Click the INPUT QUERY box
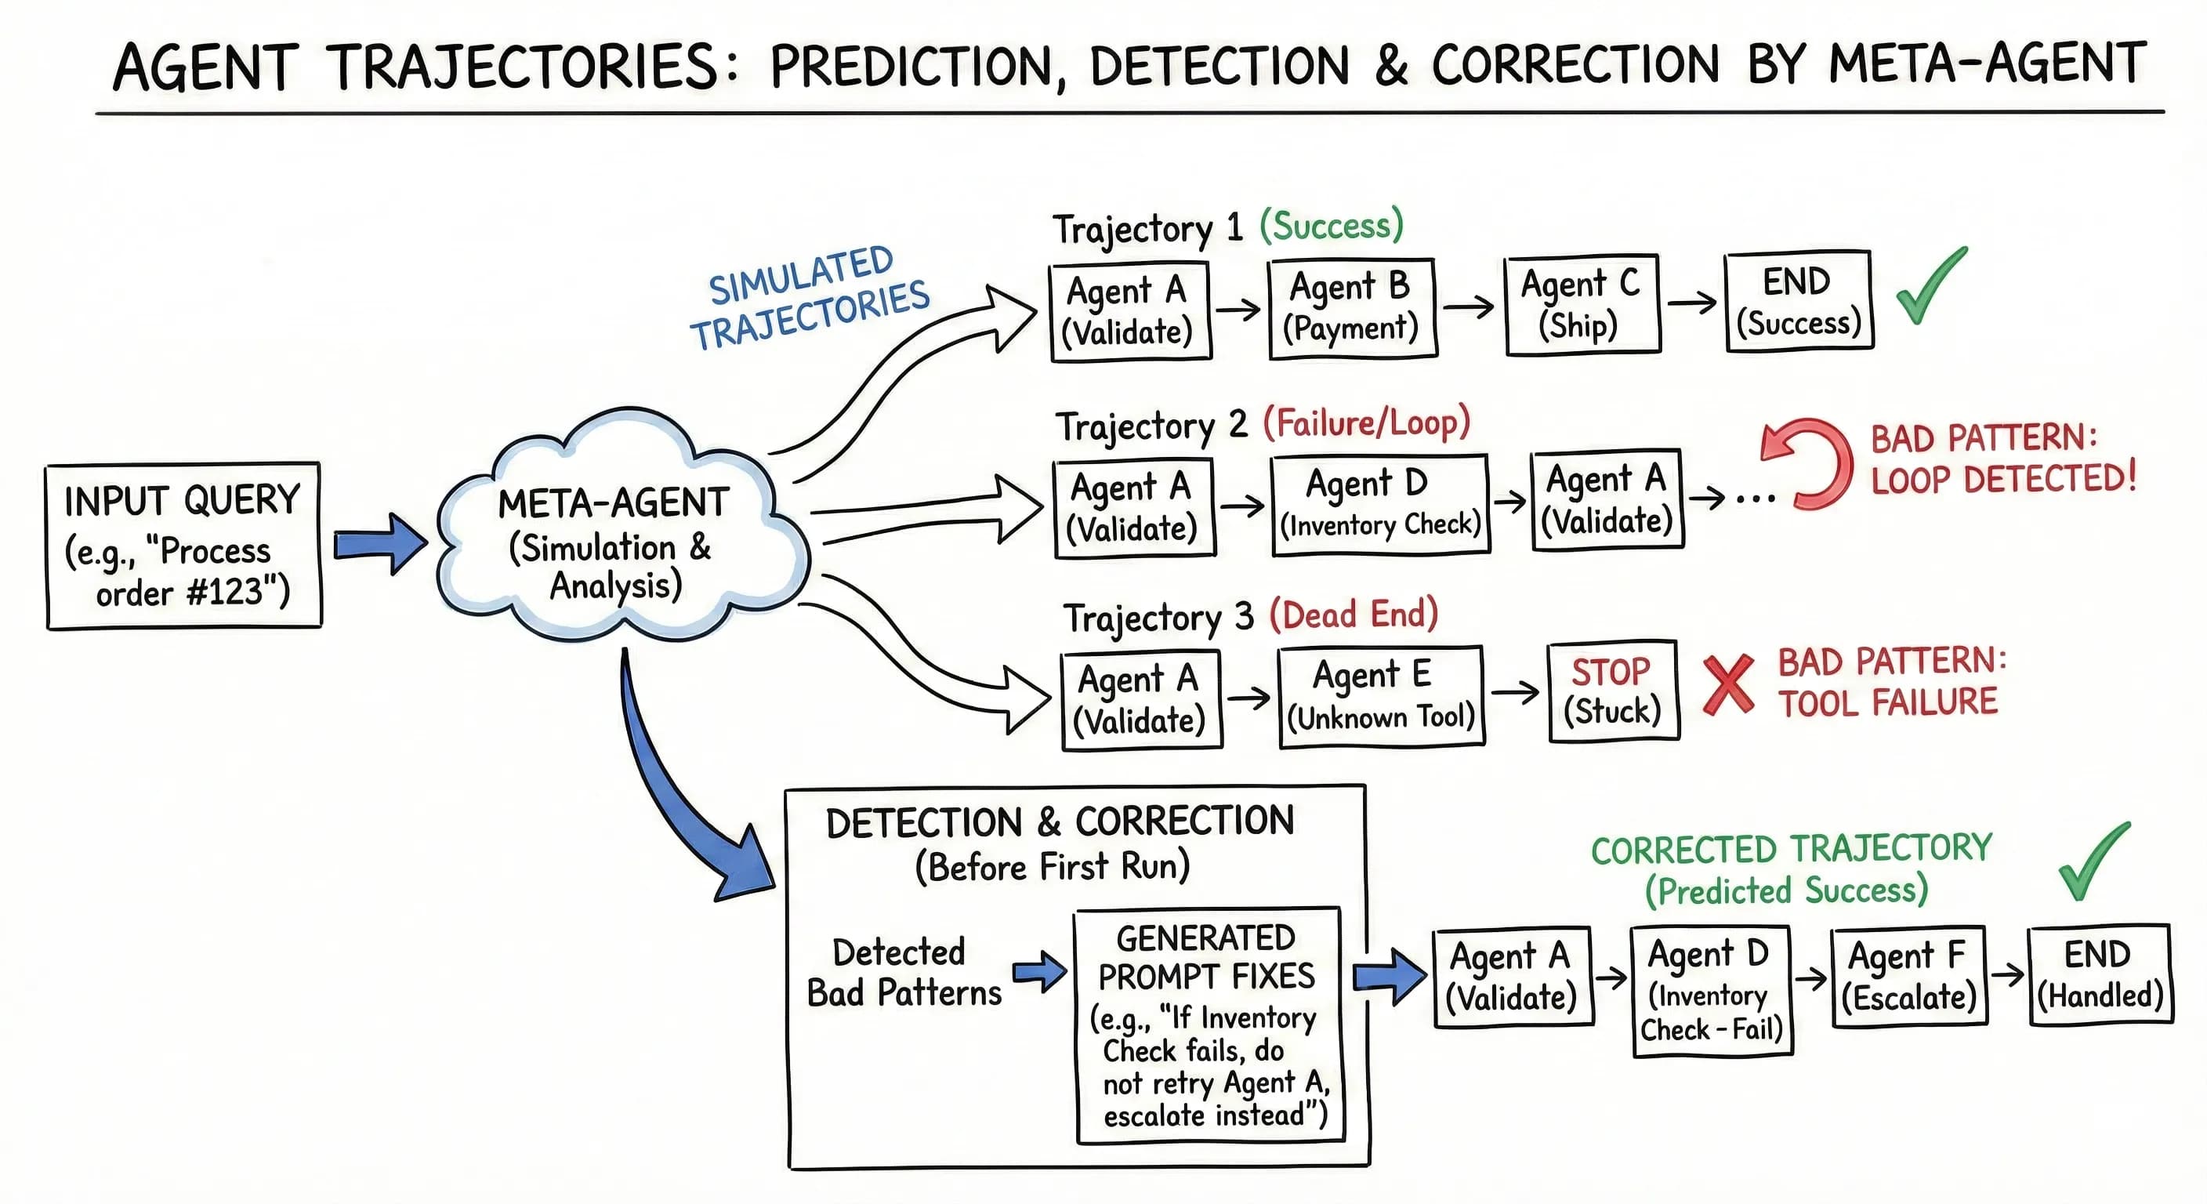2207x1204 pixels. pos(183,546)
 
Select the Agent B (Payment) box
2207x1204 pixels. pos(1352,307)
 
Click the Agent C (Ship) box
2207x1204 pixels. pos(1582,304)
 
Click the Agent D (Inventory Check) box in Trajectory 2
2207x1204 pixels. pos(1380,505)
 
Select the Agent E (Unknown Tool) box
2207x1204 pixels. pos(1380,697)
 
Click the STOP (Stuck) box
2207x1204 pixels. pos(1613,691)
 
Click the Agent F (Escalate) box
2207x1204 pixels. pos(1909,977)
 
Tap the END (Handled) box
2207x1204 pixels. pos(2100,974)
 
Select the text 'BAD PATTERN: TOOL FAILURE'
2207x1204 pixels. pos(1890,682)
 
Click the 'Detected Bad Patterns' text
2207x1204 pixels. pos(903,973)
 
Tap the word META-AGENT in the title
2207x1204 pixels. pos(1986,64)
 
